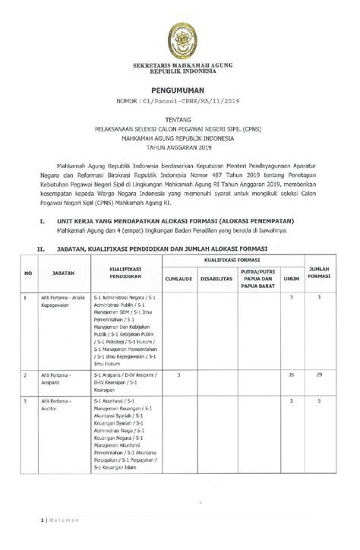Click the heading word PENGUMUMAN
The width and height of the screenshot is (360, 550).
click(x=179, y=90)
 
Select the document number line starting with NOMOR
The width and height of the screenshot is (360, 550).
click(x=179, y=101)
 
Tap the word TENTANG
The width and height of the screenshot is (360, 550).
click(x=179, y=119)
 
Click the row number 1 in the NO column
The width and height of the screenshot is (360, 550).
click(x=26, y=296)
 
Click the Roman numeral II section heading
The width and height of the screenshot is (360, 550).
click(x=31, y=248)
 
